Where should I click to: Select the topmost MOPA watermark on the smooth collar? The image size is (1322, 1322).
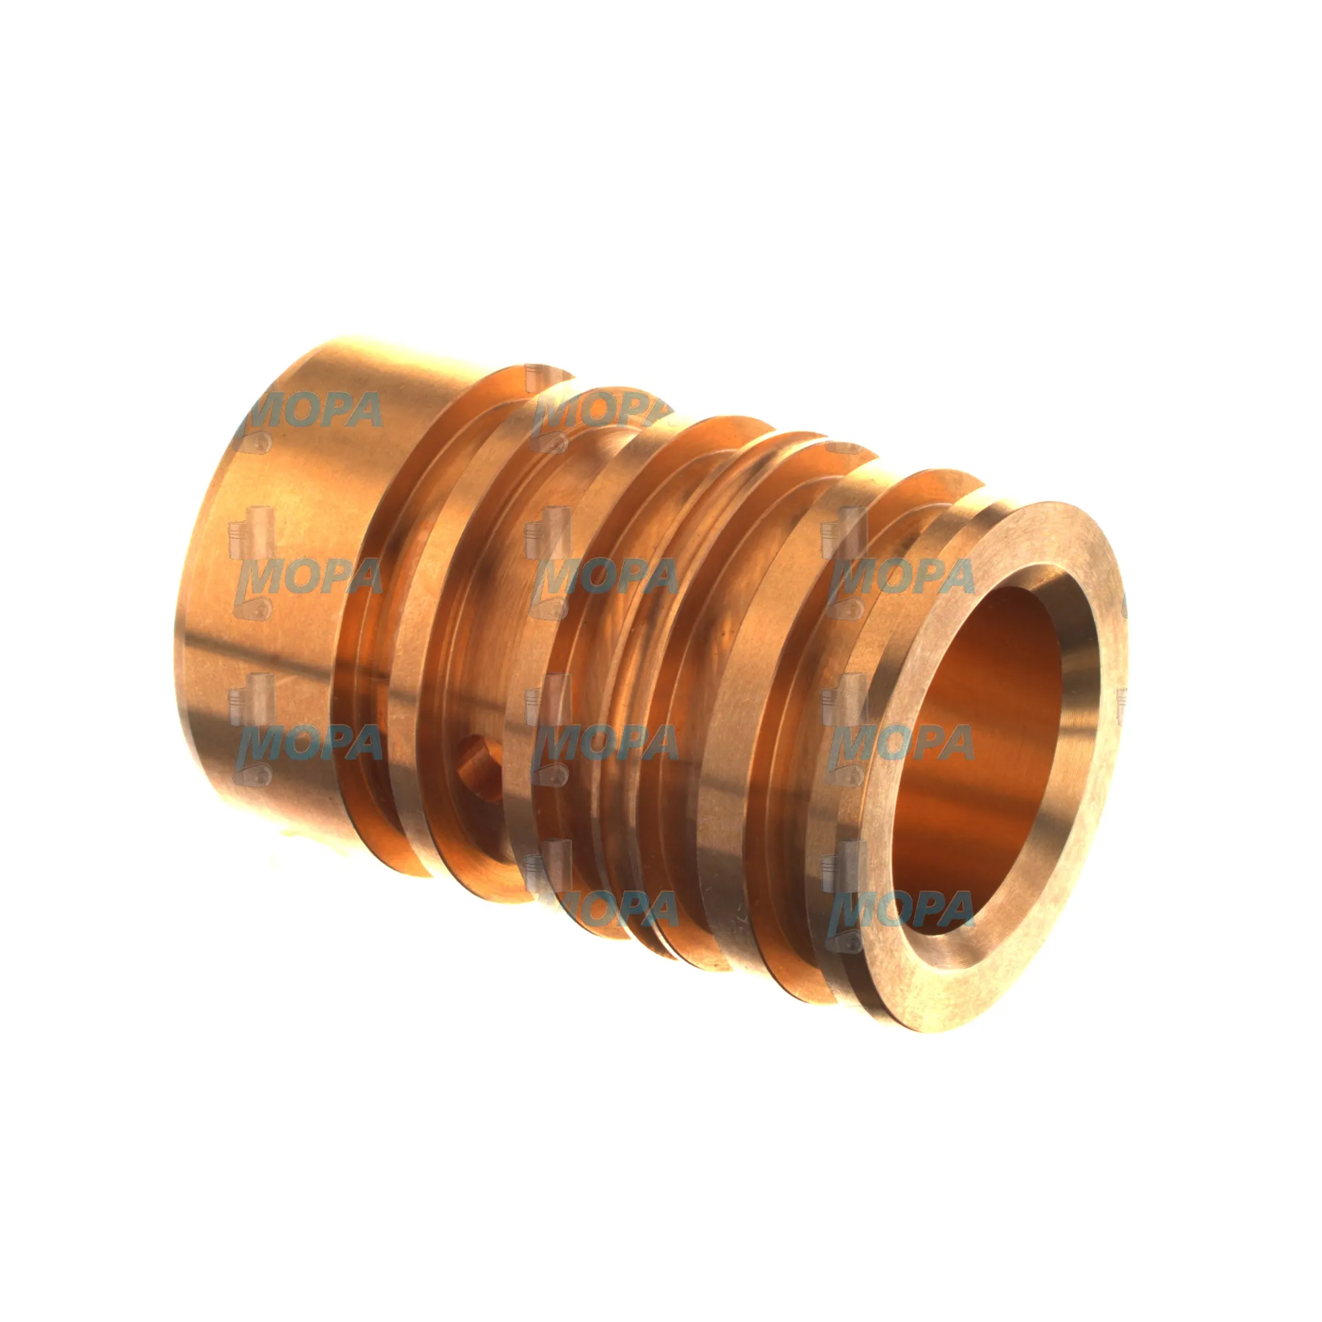[x=308, y=411]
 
